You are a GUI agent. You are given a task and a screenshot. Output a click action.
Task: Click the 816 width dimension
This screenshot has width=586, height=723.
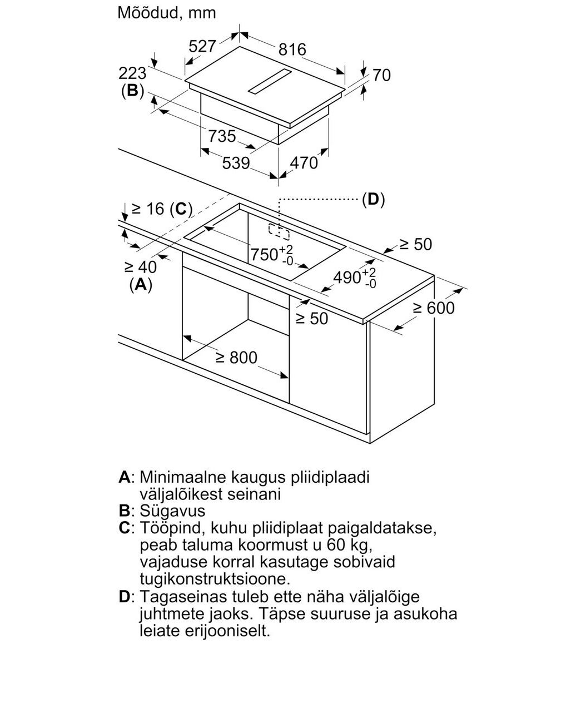pyautogui.click(x=292, y=49)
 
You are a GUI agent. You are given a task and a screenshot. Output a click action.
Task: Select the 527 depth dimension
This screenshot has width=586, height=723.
pyautogui.click(x=202, y=46)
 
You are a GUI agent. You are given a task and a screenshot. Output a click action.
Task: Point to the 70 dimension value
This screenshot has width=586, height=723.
pyautogui.click(x=381, y=75)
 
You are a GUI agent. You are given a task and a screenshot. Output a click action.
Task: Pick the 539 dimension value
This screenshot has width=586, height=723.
pyautogui.click(x=236, y=164)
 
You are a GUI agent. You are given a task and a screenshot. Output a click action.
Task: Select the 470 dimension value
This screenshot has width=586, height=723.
pyautogui.click(x=304, y=162)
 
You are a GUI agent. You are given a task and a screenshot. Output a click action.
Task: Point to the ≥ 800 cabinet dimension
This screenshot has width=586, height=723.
pyautogui.click(x=236, y=357)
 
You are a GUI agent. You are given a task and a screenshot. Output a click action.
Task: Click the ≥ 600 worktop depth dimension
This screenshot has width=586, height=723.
pyautogui.click(x=434, y=308)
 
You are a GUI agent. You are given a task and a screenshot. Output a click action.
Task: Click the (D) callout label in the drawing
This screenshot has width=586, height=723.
pyautogui.click(x=373, y=199)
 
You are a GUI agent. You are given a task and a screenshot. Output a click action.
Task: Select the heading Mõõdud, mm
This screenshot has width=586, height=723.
pyautogui.click(x=167, y=12)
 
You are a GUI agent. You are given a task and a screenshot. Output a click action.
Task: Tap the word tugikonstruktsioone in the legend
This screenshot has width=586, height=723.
pyautogui.click(x=216, y=578)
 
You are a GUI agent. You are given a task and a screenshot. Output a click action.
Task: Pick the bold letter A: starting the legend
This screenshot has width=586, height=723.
pyautogui.click(x=125, y=477)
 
